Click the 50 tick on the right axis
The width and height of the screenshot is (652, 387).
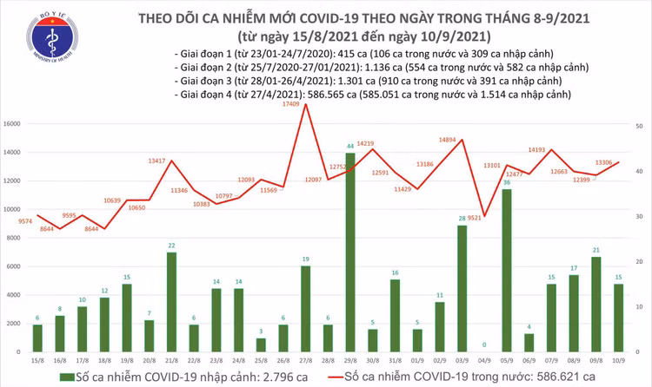(640, 126)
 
